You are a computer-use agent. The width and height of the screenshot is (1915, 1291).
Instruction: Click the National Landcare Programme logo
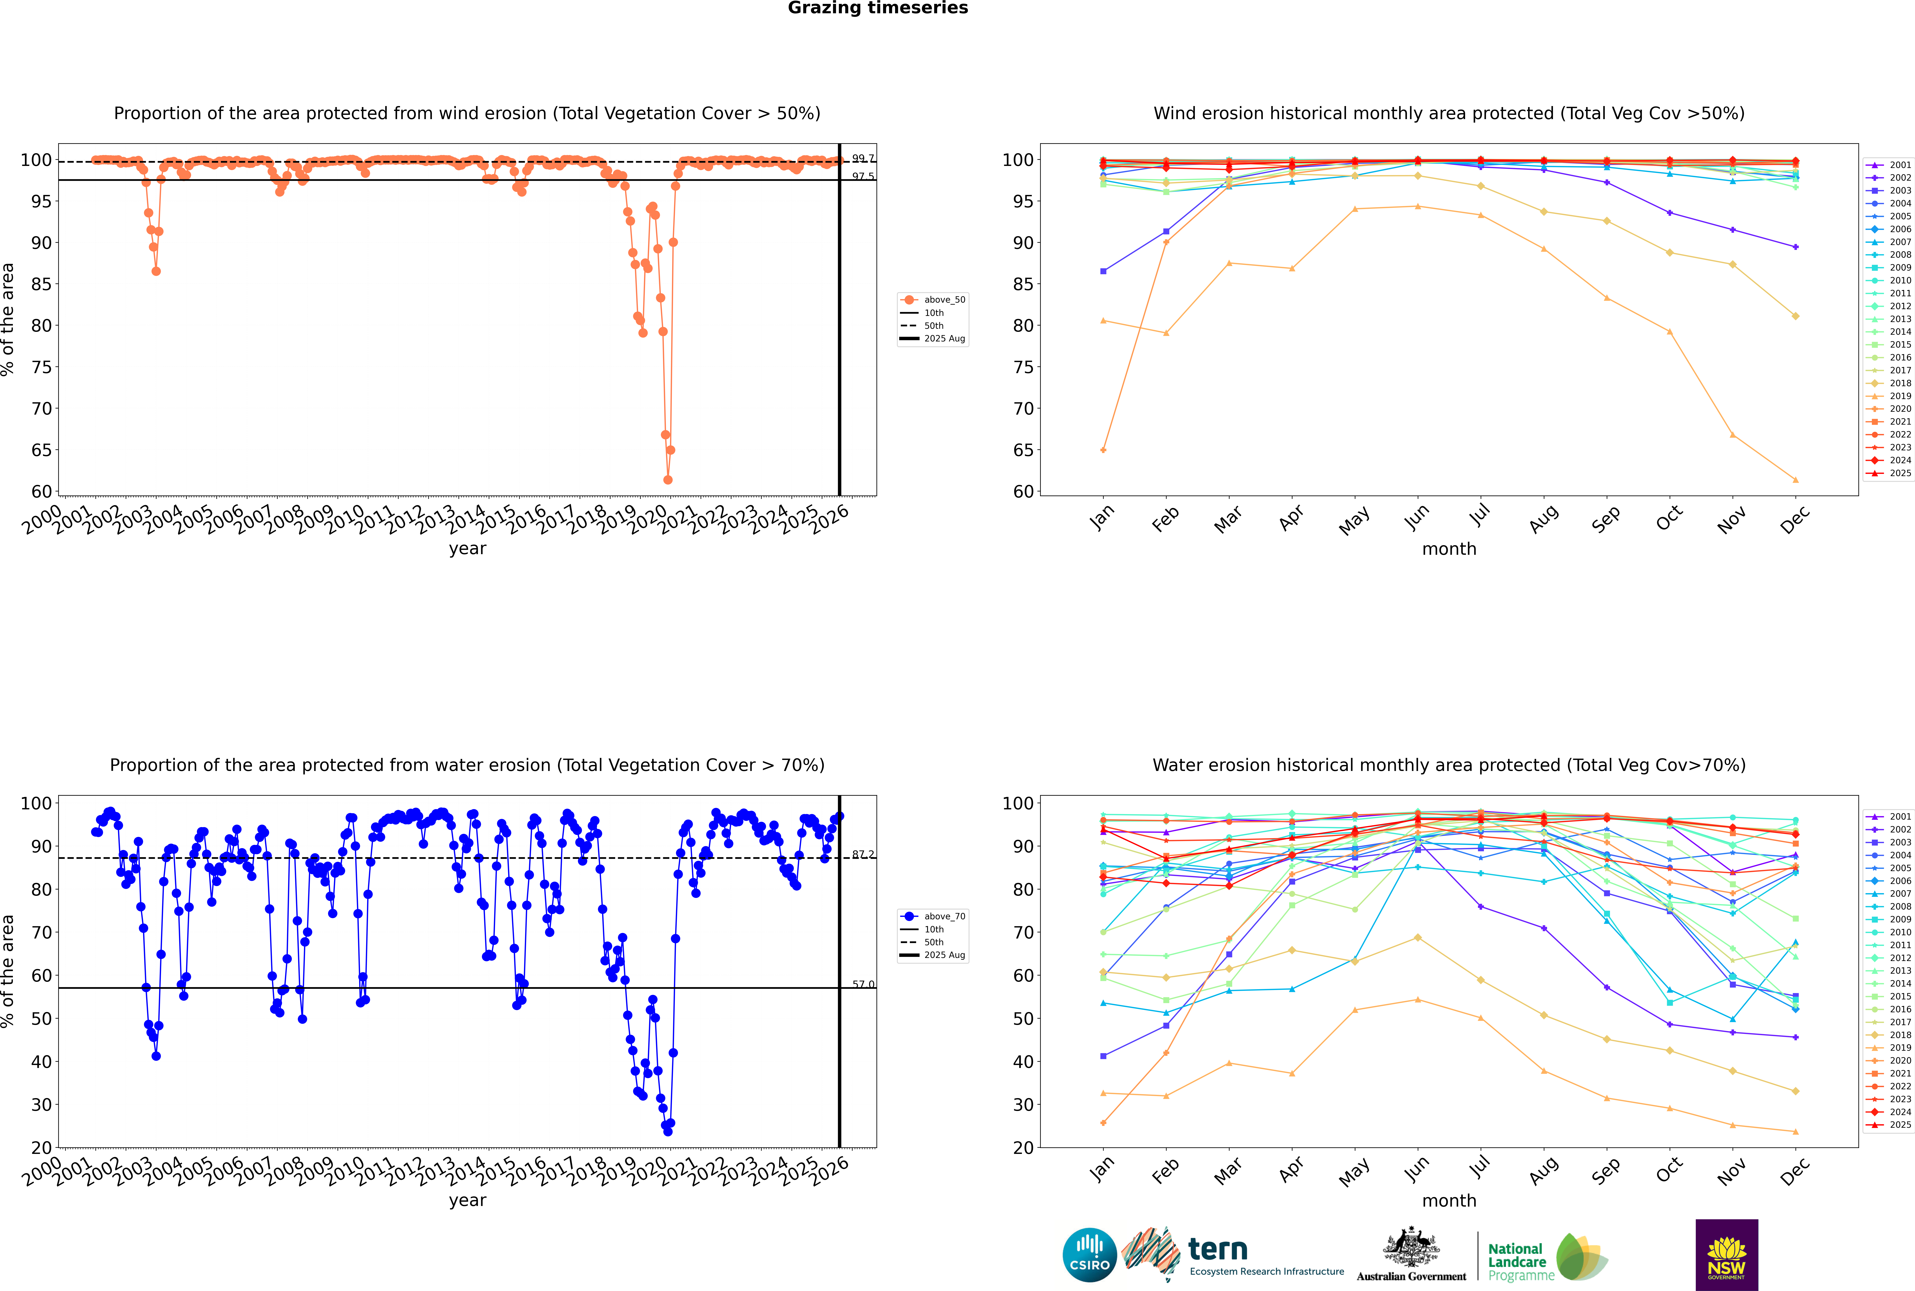point(1546,1257)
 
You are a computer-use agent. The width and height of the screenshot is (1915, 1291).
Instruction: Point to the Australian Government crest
point(1411,1247)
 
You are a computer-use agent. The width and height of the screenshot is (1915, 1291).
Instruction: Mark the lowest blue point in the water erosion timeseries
point(668,1131)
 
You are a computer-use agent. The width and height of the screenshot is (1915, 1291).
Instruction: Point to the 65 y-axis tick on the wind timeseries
point(41,450)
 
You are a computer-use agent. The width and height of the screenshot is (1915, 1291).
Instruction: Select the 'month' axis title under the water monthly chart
point(1449,1200)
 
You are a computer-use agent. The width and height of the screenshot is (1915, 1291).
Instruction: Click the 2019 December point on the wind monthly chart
point(1796,480)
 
